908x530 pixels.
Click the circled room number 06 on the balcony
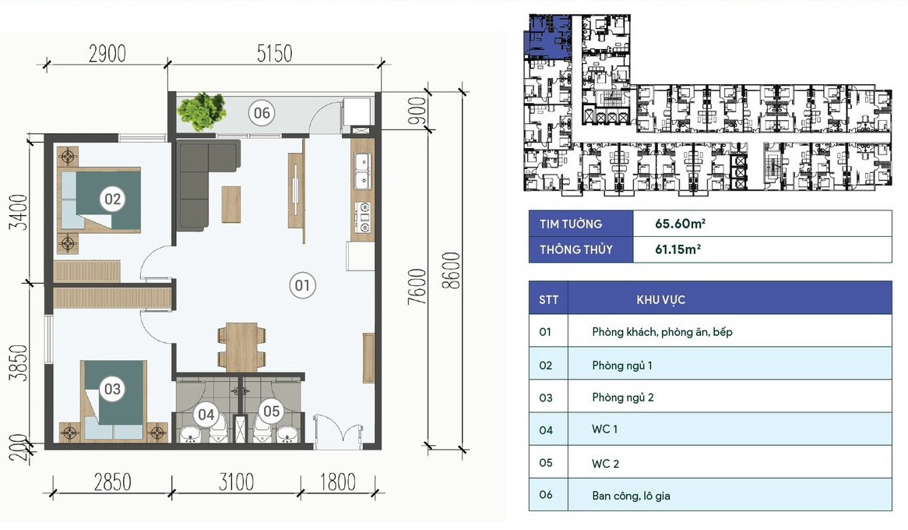[262, 112]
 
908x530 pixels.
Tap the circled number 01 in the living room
[302, 285]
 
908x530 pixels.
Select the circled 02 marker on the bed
[112, 200]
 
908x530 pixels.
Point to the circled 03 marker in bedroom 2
[112, 388]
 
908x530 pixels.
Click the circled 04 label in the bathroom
[206, 414]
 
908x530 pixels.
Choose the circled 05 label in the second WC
[271, 411]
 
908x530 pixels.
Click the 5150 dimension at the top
[274, 53]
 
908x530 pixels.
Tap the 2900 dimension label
[107, 53]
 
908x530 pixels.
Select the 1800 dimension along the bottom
[338, 482]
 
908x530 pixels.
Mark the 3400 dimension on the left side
[19, 212]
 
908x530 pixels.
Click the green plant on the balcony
[202, 111]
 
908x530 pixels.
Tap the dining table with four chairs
[241, 348]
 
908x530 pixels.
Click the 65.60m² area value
[680, 223]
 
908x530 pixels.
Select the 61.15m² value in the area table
[677, 249]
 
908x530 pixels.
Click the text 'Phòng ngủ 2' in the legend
[622, 397]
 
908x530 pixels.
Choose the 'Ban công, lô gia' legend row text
[631, 496]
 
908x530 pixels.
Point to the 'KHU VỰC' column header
[660, 300]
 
